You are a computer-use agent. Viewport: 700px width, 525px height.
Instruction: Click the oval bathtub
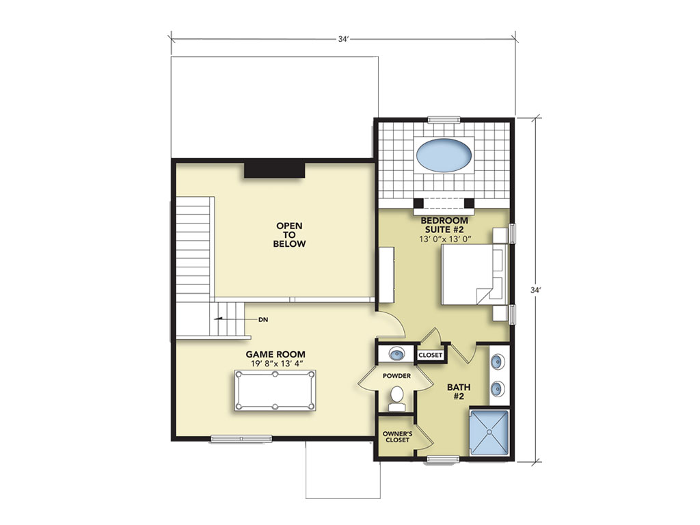click(x=444, y=155)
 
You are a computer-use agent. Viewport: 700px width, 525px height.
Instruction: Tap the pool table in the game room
click(x=275, y=390)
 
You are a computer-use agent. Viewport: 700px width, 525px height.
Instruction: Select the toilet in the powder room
click(x=396, y=399)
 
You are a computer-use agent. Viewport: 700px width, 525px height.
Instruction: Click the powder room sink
click(x=396, y=355)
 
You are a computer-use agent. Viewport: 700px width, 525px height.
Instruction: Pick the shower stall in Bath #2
click(x=489, y=432)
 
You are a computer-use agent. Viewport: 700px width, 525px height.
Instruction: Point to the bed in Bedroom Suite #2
click(x=475, y=274)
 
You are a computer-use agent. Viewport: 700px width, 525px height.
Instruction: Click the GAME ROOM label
click(x=275, y=354)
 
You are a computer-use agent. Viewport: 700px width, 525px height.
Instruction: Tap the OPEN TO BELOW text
click(x=289, y=235)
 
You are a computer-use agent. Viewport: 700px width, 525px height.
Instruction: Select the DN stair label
click(x=263, y=320)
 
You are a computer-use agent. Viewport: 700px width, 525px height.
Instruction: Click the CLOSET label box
click(x=431, y=355)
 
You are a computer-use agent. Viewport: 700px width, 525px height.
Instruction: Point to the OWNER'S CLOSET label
click(x=397, y=437)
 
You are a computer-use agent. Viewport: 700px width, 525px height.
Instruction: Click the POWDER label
click(x=396, y=376)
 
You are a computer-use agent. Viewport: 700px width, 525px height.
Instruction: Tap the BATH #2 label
click(x=459, y=392)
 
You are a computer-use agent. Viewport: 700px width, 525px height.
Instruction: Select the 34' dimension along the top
click(x=343, y=39)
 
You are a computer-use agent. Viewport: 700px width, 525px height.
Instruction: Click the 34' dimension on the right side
click(x=536, y=290)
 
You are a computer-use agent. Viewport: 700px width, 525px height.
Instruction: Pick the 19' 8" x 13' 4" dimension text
click(x=277, y=364)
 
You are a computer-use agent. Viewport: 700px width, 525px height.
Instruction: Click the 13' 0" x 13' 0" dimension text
click(x=445, y=239)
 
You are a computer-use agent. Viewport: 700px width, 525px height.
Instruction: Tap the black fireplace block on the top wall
click(x=274, y=170)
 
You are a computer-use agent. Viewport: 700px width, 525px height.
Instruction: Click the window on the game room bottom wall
click(x=241, y=439)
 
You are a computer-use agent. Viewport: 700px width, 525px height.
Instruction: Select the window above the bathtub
click(x=444, y=119)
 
